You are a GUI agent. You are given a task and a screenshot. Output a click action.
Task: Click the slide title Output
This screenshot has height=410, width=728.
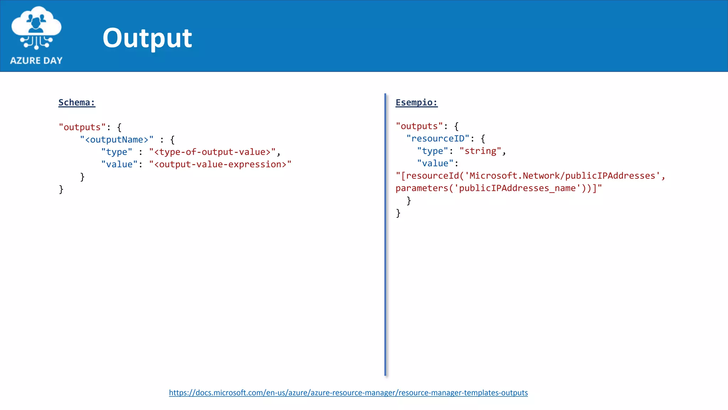tap(147, 38)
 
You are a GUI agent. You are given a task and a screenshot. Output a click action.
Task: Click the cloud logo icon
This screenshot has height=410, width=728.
tap(36, 27)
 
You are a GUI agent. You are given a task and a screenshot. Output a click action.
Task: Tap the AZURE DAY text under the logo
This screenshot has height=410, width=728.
tap(36, 61)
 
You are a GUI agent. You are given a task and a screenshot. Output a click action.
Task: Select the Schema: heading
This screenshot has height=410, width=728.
tap(77, 102)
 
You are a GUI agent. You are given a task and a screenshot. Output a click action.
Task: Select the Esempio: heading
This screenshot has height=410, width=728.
tap(417, 102)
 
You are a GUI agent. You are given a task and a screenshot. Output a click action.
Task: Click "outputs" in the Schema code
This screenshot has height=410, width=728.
tap(82, 127)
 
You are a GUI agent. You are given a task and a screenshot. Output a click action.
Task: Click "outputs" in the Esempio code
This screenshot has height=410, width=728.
tap(419, 126)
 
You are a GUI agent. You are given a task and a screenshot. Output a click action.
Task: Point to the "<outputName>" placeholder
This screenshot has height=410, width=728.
tap(117, 140)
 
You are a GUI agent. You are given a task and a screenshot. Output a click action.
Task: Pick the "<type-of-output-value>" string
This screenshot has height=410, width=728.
tap(212, 152)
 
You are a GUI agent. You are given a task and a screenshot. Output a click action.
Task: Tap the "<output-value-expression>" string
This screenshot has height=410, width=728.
tap(220, 164)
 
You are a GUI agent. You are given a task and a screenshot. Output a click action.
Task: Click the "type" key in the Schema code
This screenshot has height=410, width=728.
tap(117, 152)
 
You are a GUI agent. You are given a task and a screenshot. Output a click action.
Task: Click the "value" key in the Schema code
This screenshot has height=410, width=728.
tap(119, 164)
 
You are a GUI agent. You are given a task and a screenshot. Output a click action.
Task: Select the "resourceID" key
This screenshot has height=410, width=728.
tap(438, 138)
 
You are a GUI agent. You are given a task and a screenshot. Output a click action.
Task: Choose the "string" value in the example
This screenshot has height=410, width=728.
tap(480, 151)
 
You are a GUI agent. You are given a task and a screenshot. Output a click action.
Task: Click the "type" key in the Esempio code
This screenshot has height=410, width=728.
tap(433, 151)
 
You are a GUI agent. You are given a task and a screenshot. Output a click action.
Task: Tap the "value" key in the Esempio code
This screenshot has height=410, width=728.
tap(435, 163)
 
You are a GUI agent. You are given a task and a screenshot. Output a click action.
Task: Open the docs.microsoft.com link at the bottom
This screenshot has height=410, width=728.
tap(348, 393)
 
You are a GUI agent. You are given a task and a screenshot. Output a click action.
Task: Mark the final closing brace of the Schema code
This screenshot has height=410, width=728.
tap(61, 189)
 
